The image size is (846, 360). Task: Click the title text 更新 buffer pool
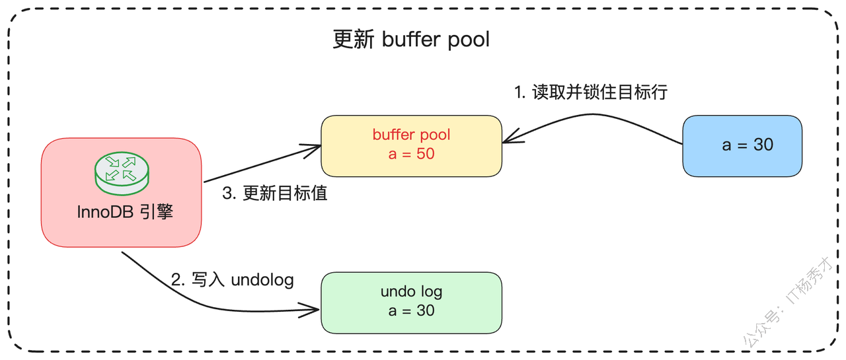411,40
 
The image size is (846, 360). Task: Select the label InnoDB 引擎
125,213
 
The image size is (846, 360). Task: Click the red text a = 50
411,154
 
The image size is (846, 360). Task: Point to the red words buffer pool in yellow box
411,135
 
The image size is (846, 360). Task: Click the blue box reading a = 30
742,145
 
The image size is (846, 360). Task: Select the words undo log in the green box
411,291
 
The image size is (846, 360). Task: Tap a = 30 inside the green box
411,310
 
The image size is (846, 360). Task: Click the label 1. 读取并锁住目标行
591,92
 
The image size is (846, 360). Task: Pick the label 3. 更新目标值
275,194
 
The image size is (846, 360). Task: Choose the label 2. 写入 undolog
232,280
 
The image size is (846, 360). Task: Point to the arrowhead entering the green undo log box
313,308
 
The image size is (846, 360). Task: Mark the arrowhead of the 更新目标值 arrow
315,148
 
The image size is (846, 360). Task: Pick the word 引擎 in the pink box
157,213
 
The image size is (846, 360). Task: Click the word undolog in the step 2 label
262,280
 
